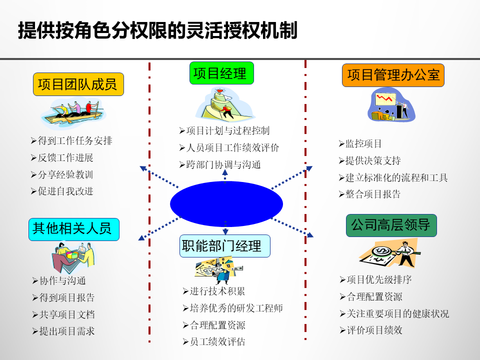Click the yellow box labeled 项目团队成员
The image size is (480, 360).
78,84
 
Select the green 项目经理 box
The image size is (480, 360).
221,73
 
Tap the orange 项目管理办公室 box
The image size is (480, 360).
393,75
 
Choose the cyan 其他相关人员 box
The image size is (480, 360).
73,229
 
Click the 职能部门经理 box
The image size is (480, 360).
224,246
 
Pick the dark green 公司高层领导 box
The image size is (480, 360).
391,225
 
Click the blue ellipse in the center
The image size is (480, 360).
226,204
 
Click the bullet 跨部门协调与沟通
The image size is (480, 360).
220,164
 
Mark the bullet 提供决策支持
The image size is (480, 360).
369,160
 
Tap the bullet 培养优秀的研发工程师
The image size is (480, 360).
232,308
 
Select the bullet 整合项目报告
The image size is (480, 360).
369,194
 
